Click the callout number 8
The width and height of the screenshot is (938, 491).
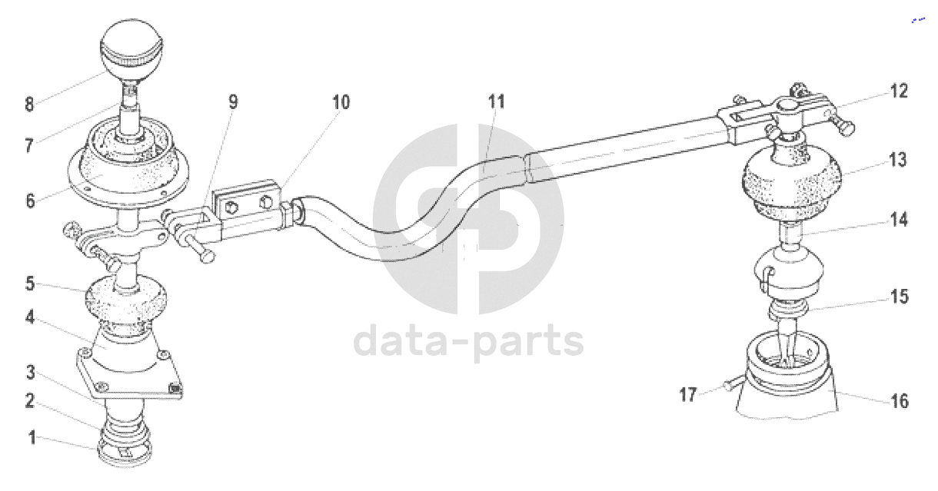[29, 105]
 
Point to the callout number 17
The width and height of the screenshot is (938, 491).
[687, 395]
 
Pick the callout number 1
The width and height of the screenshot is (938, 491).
[32, 438]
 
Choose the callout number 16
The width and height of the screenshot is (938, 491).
[899, 401]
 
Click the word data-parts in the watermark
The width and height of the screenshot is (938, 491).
[468, 341]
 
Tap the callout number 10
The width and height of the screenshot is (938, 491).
[341, 102]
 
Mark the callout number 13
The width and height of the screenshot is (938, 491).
[898, 161]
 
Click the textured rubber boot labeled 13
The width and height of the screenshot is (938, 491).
[790, 184]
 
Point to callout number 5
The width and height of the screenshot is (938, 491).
[30, 284]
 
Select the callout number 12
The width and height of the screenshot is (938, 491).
[899, 91]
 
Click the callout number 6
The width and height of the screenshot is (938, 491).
[30, 201]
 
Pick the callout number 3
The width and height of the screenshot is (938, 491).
[30, 373]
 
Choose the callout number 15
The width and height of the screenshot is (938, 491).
[899, 297]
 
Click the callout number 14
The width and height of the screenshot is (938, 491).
[899, 220]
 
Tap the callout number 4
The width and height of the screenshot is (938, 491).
[30, 316]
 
